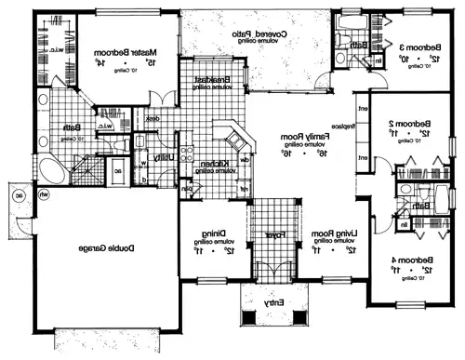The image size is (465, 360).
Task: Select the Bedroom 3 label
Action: pyautogui.click(x=413, y=47)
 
